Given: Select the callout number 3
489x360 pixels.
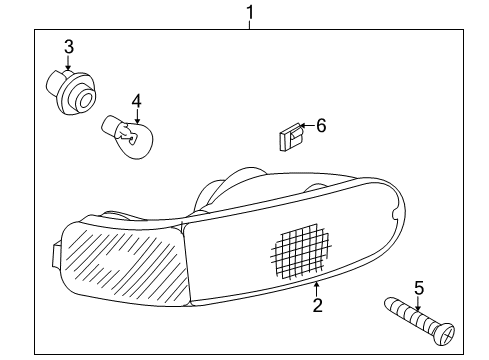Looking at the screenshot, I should click(x=68, y=46).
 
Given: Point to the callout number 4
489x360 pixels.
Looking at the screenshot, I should click(x=137, y=100).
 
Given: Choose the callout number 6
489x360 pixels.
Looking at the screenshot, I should click(x=321, y=126).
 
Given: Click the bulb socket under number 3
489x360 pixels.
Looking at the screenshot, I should click(x=73, y=92).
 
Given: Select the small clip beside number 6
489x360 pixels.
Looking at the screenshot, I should click(x=289, y=136).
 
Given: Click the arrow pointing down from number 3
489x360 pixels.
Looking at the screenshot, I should click(x=68, y=64).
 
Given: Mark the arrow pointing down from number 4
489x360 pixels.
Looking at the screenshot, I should click(x=137, y=114).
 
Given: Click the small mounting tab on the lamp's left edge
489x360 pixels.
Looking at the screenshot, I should click(x=52, y=253).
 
